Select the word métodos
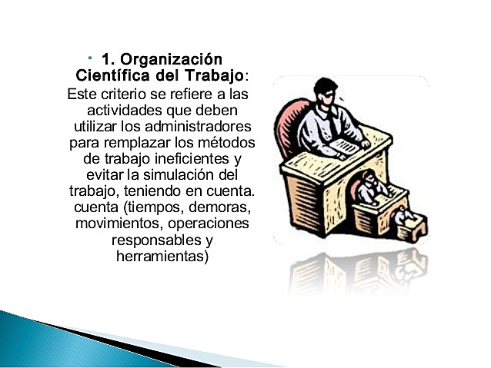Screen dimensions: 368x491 click(227, 143)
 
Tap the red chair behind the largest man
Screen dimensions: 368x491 click(290, 123)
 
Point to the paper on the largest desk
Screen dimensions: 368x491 click(345, 146)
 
